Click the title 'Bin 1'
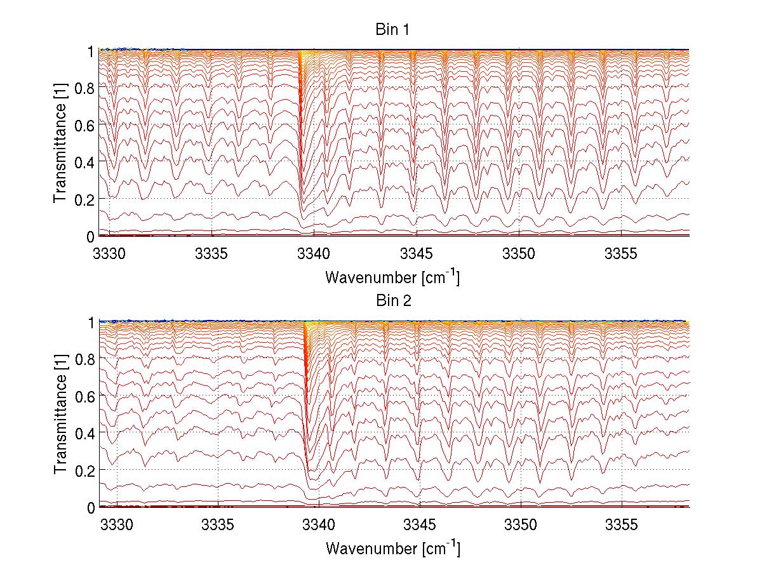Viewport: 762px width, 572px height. pyautogui.click(x=393, y=29)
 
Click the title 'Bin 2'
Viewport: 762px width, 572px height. pyautogui.click(x=393, y=301)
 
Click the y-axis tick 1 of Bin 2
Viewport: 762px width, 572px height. pyautogui.click(x=91, y=323)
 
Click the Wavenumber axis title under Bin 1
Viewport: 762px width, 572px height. pyautogui.click(x=392, y=277)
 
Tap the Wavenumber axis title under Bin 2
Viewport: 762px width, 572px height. pyautogui.click(x=392, y=547)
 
